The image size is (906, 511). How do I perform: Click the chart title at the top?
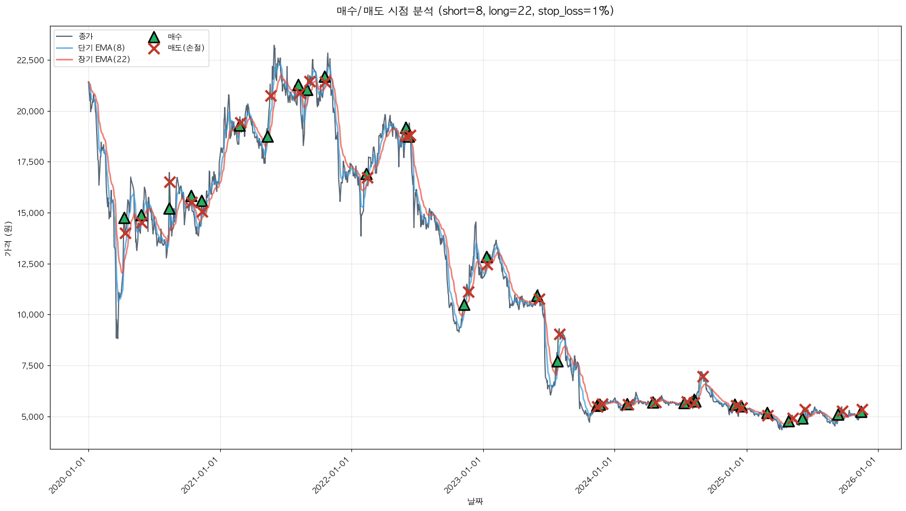475,11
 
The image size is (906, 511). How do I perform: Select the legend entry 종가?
86,36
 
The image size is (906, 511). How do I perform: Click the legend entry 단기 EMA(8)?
102,48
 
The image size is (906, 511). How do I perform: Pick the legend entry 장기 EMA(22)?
104,59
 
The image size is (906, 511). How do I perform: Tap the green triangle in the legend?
154,37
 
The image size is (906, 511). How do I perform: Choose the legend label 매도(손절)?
186,48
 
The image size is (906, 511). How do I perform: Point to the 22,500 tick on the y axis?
31,60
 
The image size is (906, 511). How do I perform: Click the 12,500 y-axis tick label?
31,264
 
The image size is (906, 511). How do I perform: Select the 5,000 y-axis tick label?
33,417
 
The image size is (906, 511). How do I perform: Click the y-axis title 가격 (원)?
8,239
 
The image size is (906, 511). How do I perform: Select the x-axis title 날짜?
475,501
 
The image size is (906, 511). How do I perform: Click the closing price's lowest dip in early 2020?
116,337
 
